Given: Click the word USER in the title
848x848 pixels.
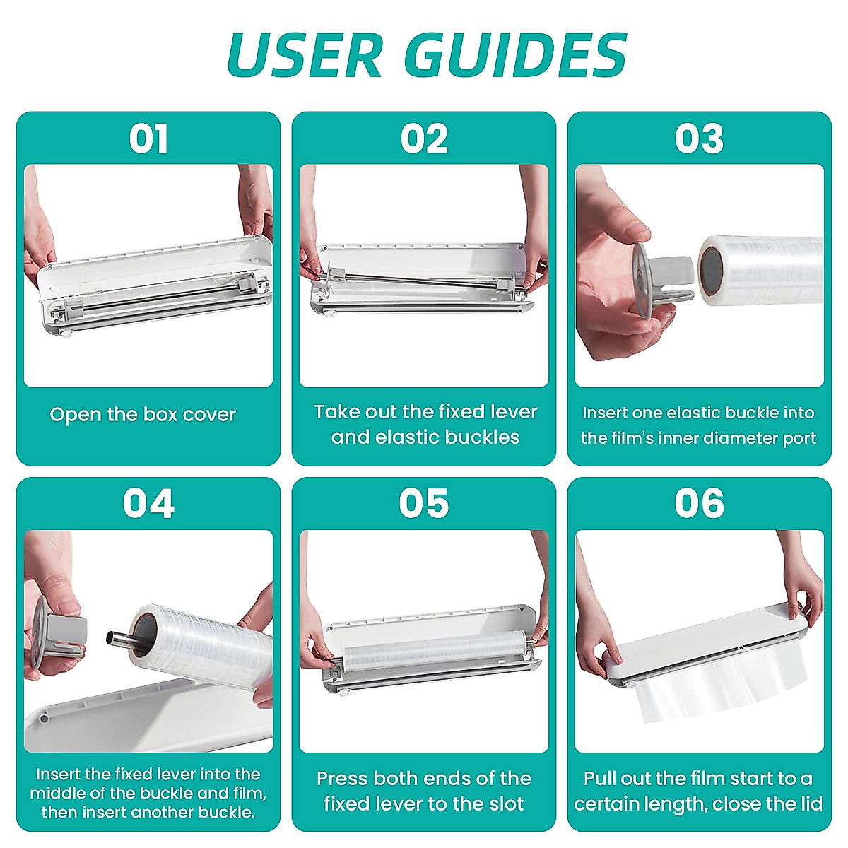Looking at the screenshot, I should pos(305,55).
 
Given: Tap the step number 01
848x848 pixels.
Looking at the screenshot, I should pos(148,139).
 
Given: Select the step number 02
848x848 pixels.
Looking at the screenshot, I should pos(424,139).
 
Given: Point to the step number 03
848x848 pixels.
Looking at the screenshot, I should pos(699,139).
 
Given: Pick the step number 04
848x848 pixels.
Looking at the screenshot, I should pos(148,504).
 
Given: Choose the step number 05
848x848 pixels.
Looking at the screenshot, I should pos(424,504).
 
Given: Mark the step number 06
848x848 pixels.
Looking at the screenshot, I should pos(699,504).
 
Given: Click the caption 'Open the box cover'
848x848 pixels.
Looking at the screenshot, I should pos(143,415).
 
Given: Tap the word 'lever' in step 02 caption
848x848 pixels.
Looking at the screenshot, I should pos(513,412).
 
